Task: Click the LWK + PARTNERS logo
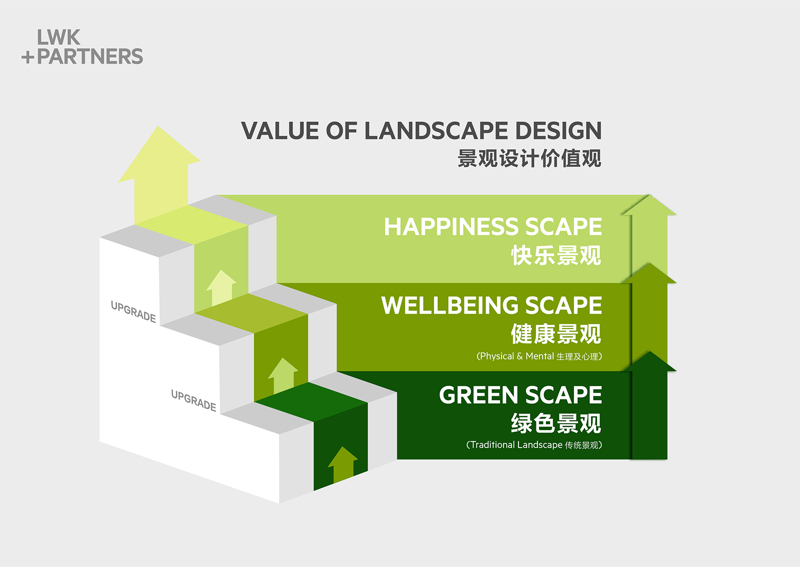82,47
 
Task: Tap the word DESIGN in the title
559,130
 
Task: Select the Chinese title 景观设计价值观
529,158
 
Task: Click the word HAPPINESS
451,226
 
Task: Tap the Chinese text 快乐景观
556,255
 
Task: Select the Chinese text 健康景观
556,334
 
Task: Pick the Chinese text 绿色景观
556,423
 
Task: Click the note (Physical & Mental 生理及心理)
539,356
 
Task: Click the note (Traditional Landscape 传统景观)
534,445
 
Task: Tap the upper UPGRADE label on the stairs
133,311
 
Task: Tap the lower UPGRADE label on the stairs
193,400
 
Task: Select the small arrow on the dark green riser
343,464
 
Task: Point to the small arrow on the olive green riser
283,375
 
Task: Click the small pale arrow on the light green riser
221,288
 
